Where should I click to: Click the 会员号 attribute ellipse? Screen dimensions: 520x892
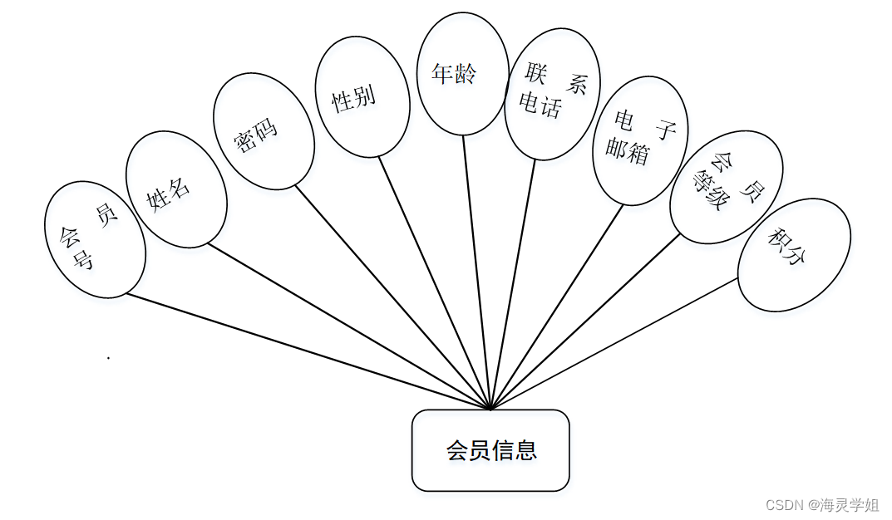pyautogui.click(x=96, y=239)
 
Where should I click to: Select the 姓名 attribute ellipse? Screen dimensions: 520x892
pyautogui.click(x=176, y=189)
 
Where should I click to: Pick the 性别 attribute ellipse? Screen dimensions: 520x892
pyautogui.click(x=362, y=97)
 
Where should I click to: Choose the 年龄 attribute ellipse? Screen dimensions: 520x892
pyautogui.click(x=462, y=74)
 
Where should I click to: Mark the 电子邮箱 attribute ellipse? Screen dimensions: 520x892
pyautogui.click(x=640, y=140)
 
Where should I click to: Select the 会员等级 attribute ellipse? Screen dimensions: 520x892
pyautogui.click(x=726, y=187)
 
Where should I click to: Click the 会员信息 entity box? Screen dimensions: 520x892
pyautogui.click(x=490, y=449)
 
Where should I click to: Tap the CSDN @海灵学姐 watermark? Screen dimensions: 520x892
pyautogui.click(x=822, y=504)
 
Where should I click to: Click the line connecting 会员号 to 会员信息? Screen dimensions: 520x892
pyautogui.click(x=308, y=351)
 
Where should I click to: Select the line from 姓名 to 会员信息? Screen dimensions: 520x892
pyautogui.click(x=349, y=326)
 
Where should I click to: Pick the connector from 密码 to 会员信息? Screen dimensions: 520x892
pyautogui.click(x=393, y=297)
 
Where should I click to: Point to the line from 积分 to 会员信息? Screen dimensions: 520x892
pyautogui.click(x=615, y=343)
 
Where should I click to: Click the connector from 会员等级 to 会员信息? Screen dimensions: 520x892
pyautogui.click(x=586, y=321)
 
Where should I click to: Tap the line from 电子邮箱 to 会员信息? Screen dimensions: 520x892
pyautogui.click(x=557, y=307)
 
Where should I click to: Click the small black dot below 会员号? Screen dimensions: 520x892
pyautogui.click(x=108, y=358)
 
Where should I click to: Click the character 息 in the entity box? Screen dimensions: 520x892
pyautogui.click(x=525, y=450)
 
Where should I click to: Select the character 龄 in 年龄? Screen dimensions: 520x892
pyautogui.click(x=466, y=74)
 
